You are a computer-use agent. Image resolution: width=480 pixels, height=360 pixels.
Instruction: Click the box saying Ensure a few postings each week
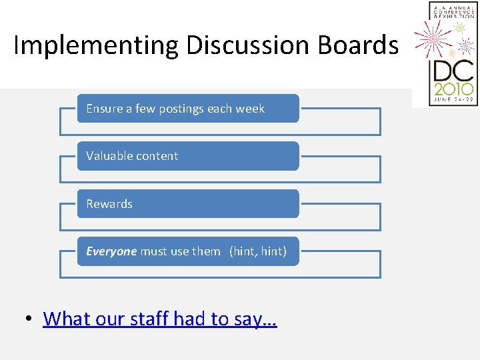point(188,109)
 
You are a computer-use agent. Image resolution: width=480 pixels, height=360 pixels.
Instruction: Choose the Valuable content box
point(188,156)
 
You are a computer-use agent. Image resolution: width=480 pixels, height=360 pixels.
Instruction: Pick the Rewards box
point(188,204)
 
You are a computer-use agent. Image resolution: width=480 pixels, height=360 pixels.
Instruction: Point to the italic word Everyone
point(111,251)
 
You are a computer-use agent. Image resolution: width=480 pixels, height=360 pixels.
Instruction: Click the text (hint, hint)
point(258,251)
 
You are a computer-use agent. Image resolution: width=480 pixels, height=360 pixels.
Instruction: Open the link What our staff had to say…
point(160,319)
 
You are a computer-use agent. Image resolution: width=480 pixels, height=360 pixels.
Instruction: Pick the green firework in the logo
point(460,28)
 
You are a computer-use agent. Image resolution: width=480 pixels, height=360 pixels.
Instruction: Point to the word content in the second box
point(157,156)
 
